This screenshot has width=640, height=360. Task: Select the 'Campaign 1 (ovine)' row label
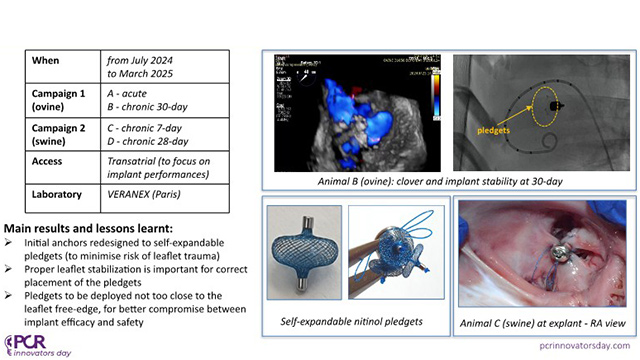[62, 98]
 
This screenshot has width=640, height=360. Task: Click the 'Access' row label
[49, 160]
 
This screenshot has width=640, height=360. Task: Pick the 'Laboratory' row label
[59, 190]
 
